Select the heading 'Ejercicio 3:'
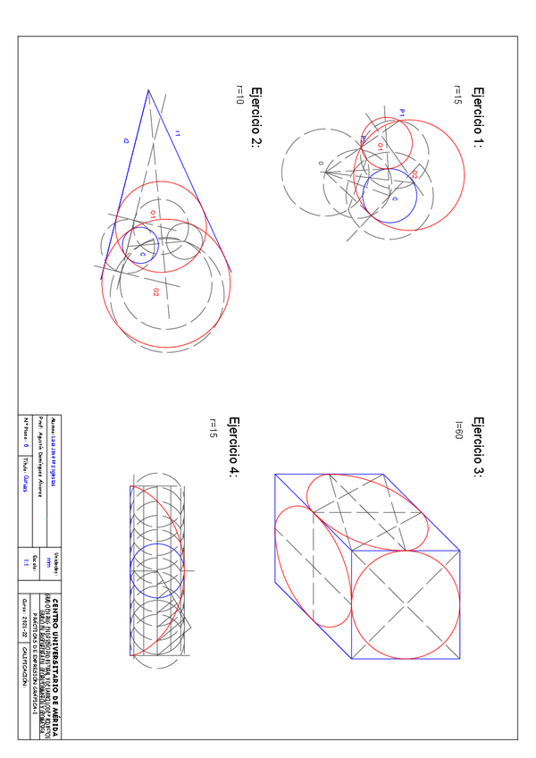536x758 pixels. coord(478,447)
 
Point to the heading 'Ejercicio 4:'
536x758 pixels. coord(233,447)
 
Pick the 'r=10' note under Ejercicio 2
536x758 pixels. coord(239,95)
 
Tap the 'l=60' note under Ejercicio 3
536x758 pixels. coord(457,428)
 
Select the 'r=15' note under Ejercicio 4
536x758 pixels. coord(213,428)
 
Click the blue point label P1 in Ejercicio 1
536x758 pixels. coord(402,113)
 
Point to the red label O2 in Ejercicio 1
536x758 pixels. coord(415,175)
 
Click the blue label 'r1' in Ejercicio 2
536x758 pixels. coord(178,133)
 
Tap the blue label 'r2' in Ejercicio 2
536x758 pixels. coord(126,140)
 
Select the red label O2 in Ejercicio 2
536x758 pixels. coord(155,291)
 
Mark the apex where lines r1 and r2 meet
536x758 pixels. coord(148,89)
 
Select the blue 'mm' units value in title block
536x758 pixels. coord(61,563)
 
